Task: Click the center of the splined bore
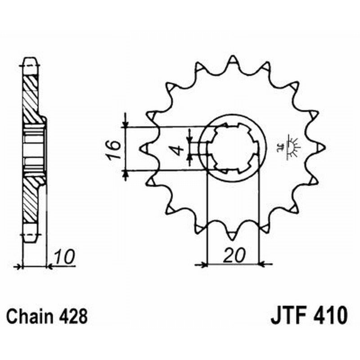point(233,148)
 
